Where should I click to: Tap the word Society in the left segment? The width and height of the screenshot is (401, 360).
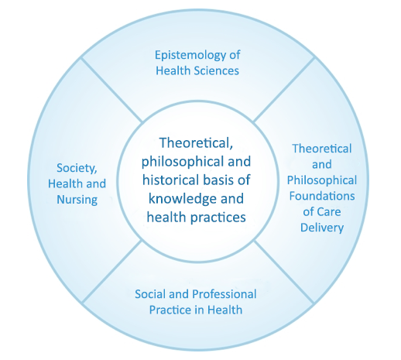[77, 168]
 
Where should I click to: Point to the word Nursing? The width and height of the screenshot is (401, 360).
[77, 200]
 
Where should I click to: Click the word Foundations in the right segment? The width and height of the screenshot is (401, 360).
[322, 196]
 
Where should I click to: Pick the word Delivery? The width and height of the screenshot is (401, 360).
[322, 228]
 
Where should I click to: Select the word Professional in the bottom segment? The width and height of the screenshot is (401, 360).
[224, 294]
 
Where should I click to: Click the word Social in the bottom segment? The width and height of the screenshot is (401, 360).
[150, 294]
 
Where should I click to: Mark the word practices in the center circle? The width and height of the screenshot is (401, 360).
[218, 218]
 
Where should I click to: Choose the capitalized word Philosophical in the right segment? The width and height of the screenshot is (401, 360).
[322, 180]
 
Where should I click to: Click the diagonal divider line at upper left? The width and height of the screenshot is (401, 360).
[111, 90]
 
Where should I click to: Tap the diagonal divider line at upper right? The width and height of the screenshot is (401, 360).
[284, 90]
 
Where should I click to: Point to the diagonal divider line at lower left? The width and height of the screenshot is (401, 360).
[112, 272]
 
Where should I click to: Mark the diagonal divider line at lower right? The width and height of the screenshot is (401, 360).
[284, 272]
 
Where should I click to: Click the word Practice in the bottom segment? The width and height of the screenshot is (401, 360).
[170, 310]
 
